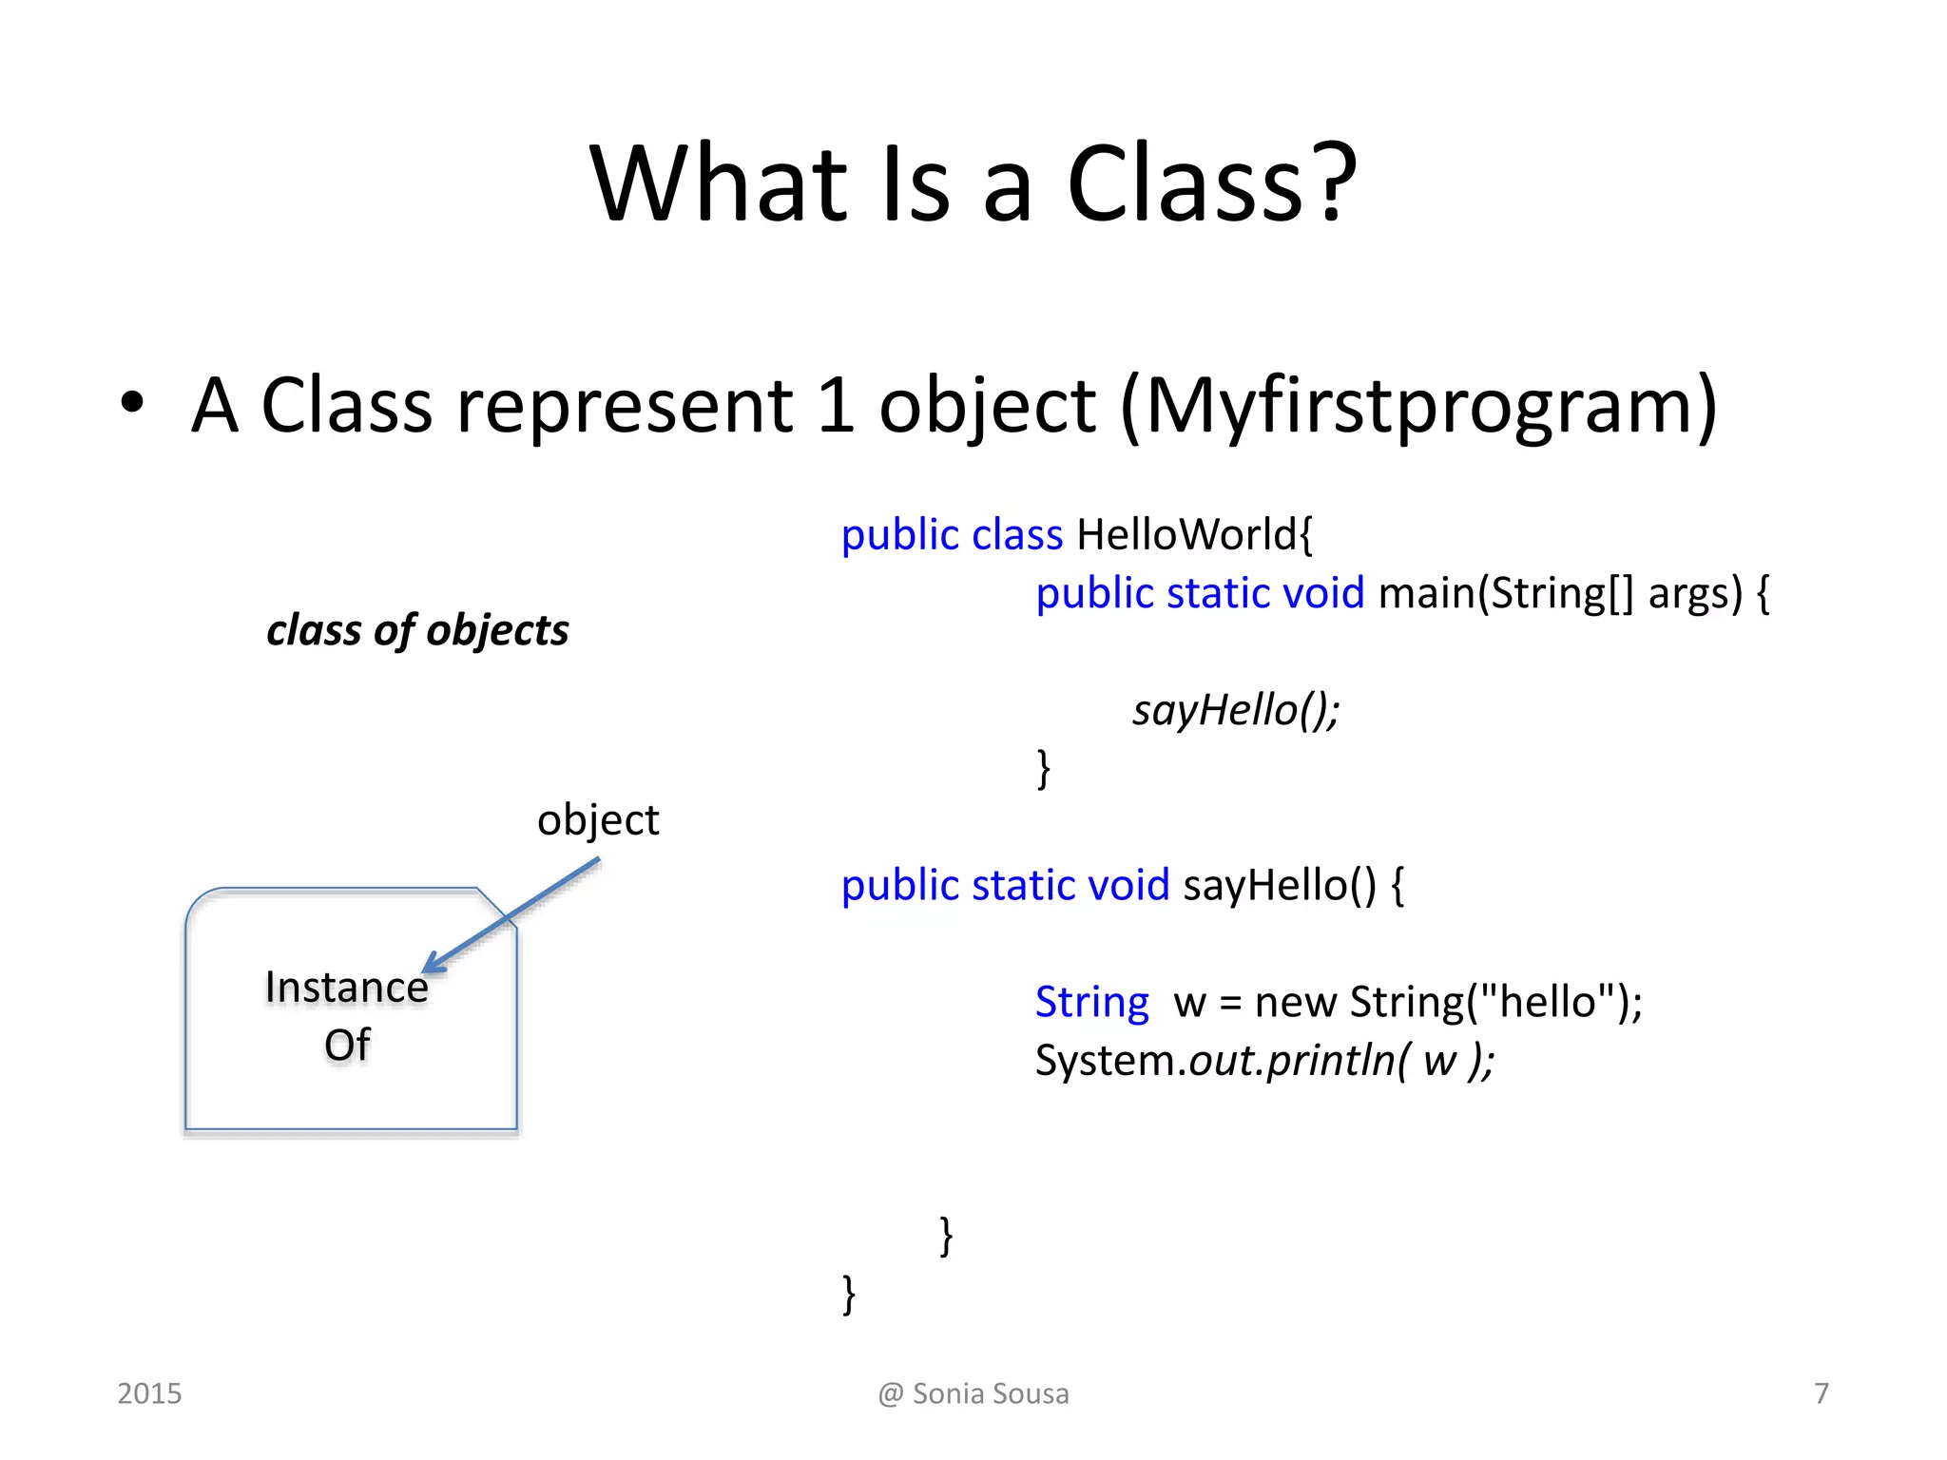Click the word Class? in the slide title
[x=1212, y=182]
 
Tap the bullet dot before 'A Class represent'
[x=132, y=402]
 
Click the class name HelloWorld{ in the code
[x=1194, y=534]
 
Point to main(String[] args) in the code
[x=1560, y=593]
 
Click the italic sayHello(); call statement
[x=1235, y=710]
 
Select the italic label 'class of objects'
[x=417, y=630]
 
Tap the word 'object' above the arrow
[x=597, y=820]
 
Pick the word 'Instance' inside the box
[x=346, y=987]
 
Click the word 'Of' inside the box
[x=347, y=1046]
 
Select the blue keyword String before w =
[x=1091, y=1002]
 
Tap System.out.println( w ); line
[x=1264, y=1061]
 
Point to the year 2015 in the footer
[x=149, y=1393]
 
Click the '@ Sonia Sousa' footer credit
[x=973, y=1393]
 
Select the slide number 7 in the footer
[x=1821, y=1393]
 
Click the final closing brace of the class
[x=848, y=1295]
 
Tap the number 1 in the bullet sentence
[x=835, y=406]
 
